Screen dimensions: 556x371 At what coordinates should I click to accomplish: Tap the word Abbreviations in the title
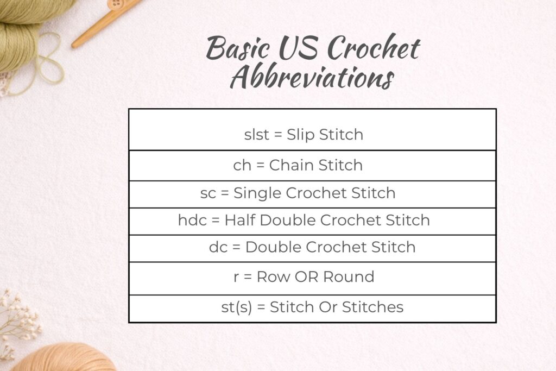point(311,78)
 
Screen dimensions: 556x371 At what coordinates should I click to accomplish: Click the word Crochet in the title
point(375,49)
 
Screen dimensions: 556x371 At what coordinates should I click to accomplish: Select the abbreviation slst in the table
point(256,134)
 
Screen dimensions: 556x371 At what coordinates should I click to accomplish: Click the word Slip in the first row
point(301,134)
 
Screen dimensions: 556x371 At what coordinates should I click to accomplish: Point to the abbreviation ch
point(242,165)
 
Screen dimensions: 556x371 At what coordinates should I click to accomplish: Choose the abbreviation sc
point(208,192)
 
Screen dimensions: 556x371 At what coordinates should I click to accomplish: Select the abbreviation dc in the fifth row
point(217,247)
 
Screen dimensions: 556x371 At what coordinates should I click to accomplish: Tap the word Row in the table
point(273,276)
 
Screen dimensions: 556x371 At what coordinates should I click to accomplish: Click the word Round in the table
point(349,276)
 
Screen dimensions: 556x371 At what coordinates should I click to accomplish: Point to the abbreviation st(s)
point(236,307)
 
